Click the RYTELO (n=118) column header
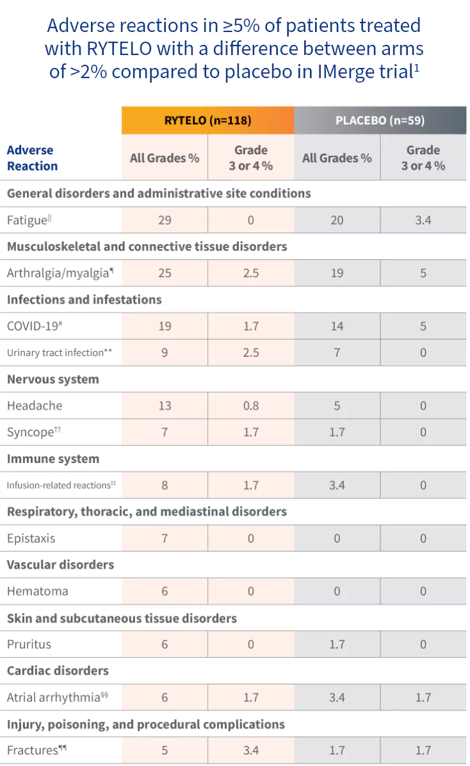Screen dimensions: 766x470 pos(207,120)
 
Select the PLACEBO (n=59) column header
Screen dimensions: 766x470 pos(380,120)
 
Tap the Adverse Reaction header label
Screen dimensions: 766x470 pos(32,158)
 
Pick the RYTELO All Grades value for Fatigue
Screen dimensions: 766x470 pos(165,220)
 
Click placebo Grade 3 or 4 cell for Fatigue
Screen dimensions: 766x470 pos(423,220)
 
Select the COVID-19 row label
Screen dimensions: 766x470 pos(33,326)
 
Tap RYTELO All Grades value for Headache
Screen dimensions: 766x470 pos(165,405)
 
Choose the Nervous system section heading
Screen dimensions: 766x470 pos(53,379)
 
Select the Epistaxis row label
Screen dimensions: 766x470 pos(31,538)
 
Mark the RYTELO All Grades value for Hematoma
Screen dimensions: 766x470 pos(165,591)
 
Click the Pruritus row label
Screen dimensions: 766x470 pos(29,644)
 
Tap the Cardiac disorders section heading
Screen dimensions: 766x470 pos(58,671)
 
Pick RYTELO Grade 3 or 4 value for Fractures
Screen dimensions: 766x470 pos(250,750)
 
